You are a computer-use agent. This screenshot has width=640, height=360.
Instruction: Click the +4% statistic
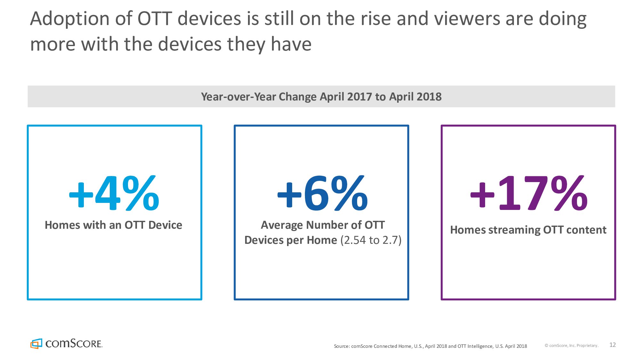point(114,193)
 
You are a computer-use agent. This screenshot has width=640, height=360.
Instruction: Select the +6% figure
point(322,193)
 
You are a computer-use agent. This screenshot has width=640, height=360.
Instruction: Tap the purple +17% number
point(529,193)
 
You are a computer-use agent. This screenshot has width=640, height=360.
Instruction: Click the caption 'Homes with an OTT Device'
point(114,225)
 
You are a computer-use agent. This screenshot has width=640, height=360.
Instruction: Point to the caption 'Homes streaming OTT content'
point(528,230)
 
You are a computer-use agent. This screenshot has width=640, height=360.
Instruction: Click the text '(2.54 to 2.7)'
point(371,240)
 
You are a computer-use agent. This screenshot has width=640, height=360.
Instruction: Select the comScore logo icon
point(36,344)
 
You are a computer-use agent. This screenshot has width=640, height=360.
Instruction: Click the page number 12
point(612,345)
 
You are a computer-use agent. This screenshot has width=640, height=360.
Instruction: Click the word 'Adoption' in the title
point(70,19)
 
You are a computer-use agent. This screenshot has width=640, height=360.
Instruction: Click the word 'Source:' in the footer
point(342,346)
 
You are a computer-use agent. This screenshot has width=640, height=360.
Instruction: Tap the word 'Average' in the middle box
point(282,225)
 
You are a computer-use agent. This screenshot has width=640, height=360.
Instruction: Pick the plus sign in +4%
point(81,195)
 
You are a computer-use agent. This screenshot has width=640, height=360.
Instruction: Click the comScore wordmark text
point(74,344)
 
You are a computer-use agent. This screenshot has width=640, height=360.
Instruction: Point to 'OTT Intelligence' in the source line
point(475,346)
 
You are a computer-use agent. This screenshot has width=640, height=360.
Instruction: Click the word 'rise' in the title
point(376,19)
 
